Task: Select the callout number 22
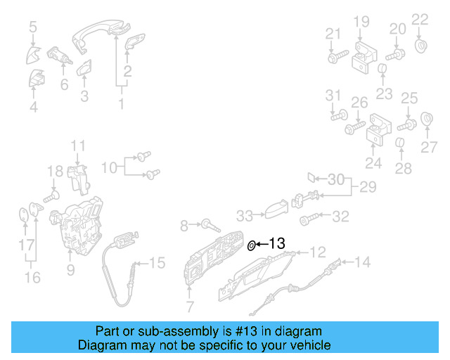click(419, 19)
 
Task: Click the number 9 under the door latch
click(70, 269)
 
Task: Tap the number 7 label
click(189, 305)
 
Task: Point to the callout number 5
click(33, 27)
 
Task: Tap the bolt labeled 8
click(210, 226)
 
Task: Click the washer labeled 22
click(422, 46)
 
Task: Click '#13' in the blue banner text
click(226, 330)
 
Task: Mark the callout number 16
click(33, 277)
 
